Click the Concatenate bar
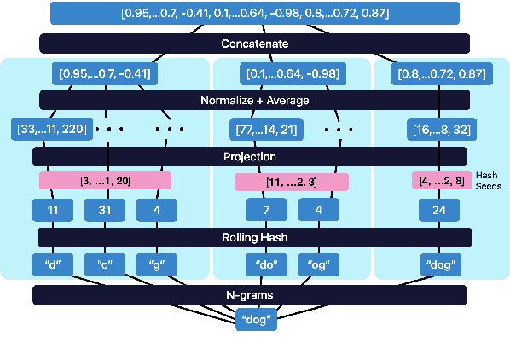pyautogui.click(x=254, y=44)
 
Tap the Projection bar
pyautogui.click(x=249, y=157)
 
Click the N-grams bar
pyautogui.click(x=249, y=295)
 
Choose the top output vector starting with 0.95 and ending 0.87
pyautogui.click(x=254, y=14)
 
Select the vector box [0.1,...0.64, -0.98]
pyautogui.click(x=290, y=73)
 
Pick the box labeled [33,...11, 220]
pyautogui.click(x=52, y=130)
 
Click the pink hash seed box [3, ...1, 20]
pyautogui.click(x=105, y=181)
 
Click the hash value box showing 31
pyautogui.click(x=105, y=209)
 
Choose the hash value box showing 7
pyautogui.click(x=266, y=209)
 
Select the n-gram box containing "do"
pyautogui.click(x=266, y=264)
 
